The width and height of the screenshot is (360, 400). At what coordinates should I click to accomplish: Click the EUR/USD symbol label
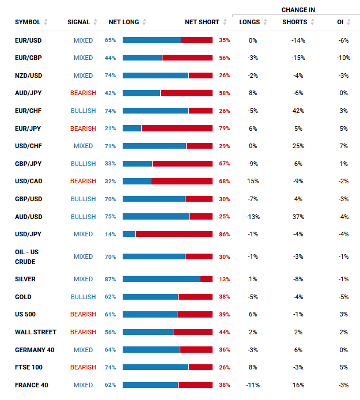tap(28, 40)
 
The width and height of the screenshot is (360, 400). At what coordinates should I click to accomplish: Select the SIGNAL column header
tap(78, 22)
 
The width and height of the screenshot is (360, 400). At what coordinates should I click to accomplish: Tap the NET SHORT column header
tap(202, 22)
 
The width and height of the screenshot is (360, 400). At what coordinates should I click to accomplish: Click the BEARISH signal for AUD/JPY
tap(83, 93)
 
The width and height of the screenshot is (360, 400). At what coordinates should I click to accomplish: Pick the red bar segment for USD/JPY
tap(174, 234)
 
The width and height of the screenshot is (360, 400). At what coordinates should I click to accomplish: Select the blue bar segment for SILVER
tap(161, 279)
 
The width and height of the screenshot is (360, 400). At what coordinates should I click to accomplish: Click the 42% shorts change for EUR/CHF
tap(298, 111)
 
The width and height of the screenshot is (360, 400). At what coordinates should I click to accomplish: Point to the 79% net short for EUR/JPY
tap(225, 128)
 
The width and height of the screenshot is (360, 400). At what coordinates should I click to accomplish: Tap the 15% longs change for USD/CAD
tap(253, 181)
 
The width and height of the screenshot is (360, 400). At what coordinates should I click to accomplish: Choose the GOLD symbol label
tap(24, 297)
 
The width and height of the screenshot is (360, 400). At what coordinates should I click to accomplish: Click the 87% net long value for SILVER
tap(110, 279)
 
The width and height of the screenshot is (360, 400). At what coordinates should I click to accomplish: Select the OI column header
tap(340, 22)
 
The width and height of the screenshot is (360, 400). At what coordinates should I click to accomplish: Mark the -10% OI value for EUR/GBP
tap(343, 58)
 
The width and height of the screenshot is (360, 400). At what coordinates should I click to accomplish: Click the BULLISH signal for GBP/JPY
tap(83, 164)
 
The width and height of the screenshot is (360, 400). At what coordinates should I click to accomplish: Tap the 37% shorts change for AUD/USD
tap(298, 217)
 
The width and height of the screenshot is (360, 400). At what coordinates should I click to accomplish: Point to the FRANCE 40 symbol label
tap(32, 385)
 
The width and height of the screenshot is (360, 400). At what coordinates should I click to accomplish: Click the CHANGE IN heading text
tap(298, 10)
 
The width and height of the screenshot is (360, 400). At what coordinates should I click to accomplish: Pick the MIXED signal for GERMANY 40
tap(83, 350)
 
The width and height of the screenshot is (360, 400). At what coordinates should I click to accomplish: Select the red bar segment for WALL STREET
tap(193, 332)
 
